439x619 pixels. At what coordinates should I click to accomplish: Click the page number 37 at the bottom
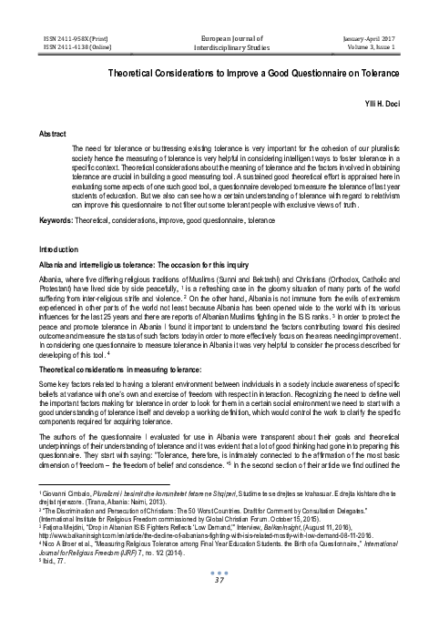tap(219, 606)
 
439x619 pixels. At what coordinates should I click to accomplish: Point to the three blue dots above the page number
tap(219, 597)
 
